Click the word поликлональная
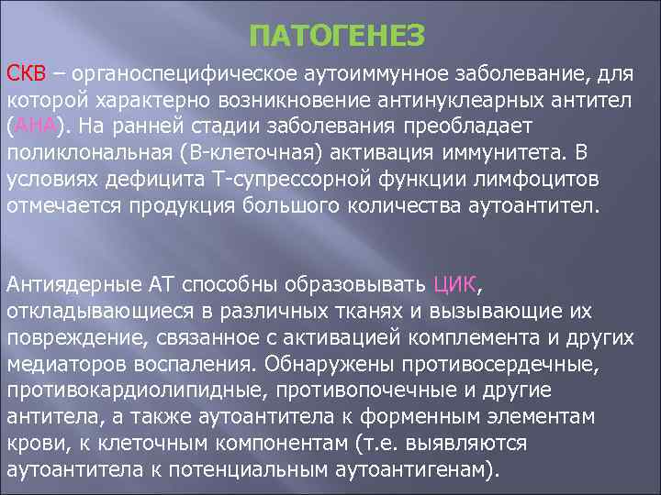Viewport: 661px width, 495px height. click(x=91, y=151)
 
